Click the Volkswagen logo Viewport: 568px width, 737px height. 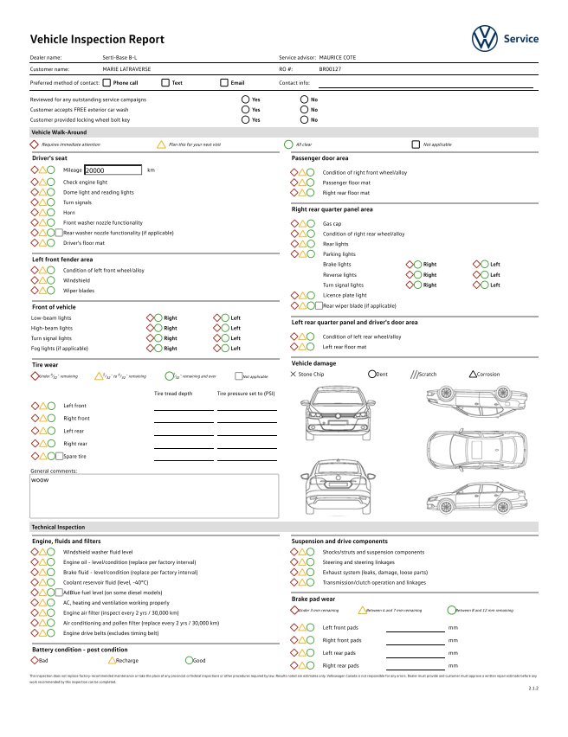pos(485,38)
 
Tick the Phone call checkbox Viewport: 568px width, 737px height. pos(106,83)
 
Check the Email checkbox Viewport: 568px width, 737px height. pos(223,83)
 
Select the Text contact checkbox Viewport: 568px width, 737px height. pos(165,83)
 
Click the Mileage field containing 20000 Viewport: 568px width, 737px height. pos(112,171)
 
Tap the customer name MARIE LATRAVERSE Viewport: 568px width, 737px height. pos(126,67)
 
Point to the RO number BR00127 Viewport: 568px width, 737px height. pos(330,67)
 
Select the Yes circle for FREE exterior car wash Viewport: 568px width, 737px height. pos(246,110)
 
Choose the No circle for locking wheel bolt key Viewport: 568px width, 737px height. pos(304,120)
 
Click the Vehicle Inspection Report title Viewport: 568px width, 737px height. pos(97,40)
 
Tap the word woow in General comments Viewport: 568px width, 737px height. pos(40,479)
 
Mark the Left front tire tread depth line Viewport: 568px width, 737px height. pos(183,407)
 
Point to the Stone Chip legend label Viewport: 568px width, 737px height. pos(312,375)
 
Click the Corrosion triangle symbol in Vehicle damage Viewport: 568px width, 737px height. pos(472,375)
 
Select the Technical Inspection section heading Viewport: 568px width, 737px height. pos(58,527)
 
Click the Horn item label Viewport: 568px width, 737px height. pos(69,212)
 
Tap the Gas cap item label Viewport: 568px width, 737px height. pos(332,223)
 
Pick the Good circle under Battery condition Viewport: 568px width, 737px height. pos(189,660)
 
